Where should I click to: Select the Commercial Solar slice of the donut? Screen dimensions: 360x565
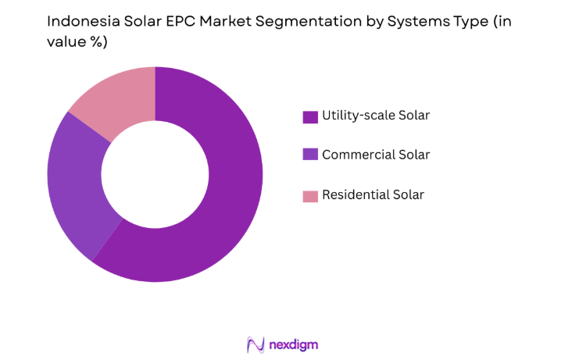(74, 187)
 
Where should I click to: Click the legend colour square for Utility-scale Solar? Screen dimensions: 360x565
(310, 116)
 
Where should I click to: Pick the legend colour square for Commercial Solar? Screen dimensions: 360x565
(310, 155)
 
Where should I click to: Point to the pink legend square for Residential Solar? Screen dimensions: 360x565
(310, 195)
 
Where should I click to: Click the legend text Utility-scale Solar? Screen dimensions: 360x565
(376, 116)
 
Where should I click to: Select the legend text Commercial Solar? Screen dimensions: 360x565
(376, 155)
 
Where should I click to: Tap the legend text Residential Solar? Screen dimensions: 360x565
(373, 194)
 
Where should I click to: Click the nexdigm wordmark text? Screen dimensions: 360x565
(294, 344)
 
